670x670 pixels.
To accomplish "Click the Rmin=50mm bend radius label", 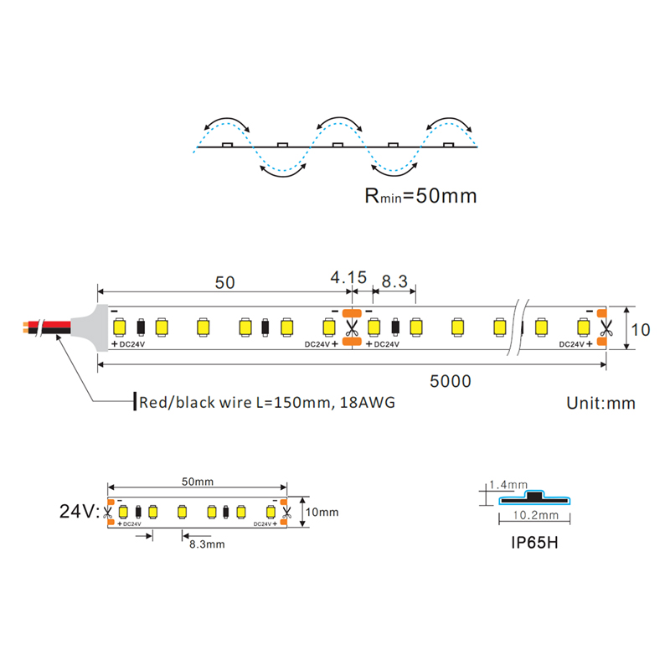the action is (421, 196).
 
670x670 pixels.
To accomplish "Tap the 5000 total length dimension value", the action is (451, 381).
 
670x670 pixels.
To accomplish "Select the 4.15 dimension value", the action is (348, 277).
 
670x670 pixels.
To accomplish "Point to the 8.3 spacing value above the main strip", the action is (394, 281).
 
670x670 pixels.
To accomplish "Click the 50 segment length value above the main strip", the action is (224, 282).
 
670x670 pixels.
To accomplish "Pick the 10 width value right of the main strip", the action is (641, 330).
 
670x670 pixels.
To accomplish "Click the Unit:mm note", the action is (600, 403).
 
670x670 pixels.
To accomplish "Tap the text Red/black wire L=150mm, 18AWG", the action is (267, 403).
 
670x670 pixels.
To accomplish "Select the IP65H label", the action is (534, 543).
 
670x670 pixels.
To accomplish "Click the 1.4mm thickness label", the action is (508, 485).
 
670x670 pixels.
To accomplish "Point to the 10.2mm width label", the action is (536, 515).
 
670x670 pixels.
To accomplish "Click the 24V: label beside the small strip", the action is (80, 511).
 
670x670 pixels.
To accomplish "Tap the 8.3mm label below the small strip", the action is (207, 544).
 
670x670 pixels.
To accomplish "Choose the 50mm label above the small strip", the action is (198, 482).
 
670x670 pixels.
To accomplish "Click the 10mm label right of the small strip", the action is (322, 512).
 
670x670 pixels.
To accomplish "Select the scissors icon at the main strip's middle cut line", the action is (352, 328).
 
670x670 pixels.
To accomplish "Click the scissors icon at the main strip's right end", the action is (606, 328).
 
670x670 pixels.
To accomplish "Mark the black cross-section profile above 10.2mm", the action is (534, 497).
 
